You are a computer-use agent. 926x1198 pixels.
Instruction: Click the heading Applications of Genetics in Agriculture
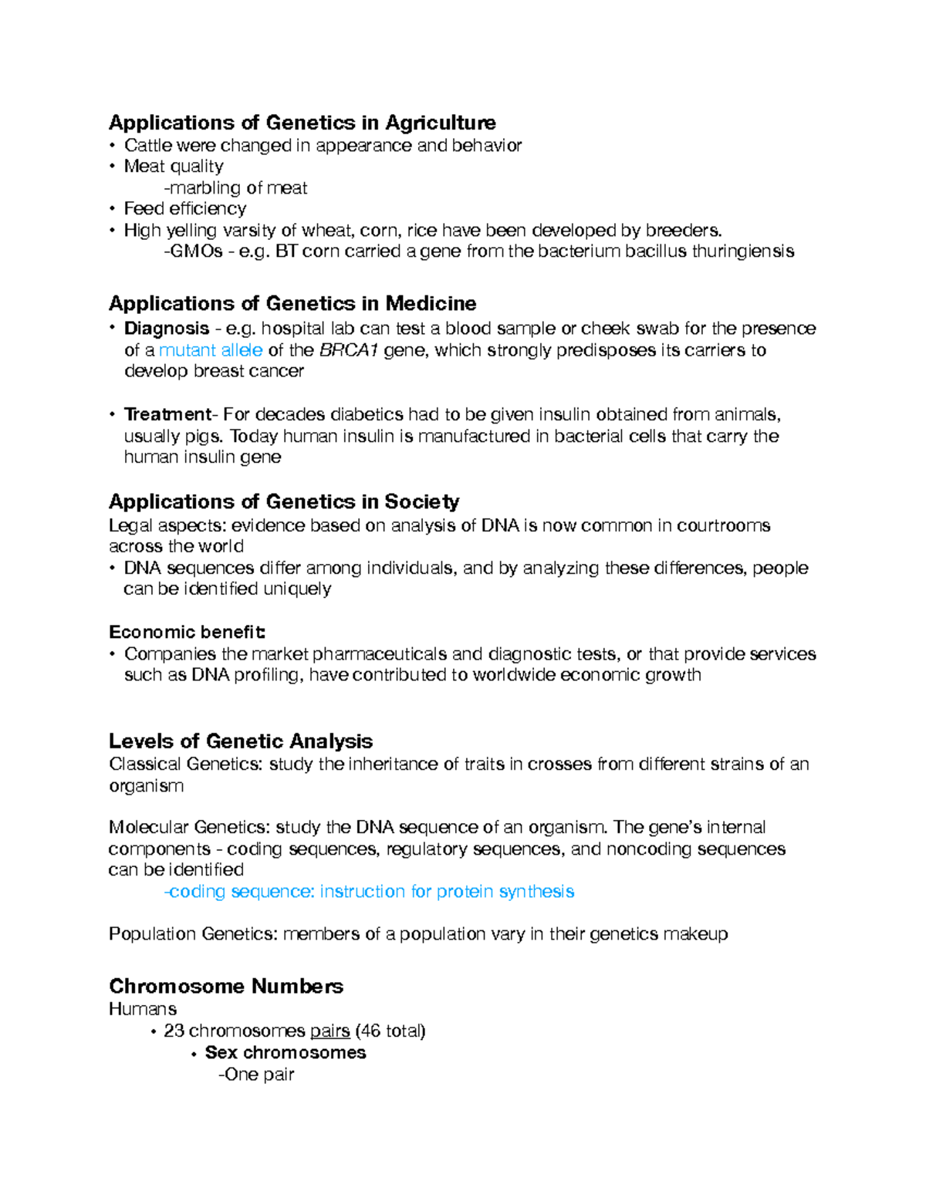(x=302, y=123)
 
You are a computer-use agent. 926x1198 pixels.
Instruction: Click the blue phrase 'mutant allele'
(x=210, y=350)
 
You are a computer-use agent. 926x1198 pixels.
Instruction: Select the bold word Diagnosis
(x=167, y=329)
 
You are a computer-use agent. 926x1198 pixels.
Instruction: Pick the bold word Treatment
(x=167, y=414)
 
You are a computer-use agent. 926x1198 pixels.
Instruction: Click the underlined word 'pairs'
(x=330, y=1031)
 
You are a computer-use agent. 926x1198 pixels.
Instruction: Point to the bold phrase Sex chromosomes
(x=286, y=1052)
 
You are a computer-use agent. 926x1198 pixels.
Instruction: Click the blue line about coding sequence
(x=369, y=892)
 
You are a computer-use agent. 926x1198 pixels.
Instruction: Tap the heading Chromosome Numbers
(x=225, y=986)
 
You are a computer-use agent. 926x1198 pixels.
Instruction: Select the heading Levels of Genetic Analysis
(x=240, y=741)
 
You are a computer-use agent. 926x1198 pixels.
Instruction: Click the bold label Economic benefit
(x=187, y=633)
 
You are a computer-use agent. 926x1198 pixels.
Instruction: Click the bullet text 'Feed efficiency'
(x=185, y=209)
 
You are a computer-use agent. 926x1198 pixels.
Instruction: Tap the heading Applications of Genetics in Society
(x=283, y=502)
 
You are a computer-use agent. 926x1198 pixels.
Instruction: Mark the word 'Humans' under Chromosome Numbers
(x=143, y=1009)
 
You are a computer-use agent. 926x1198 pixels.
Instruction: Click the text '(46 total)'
(x=390, y=1031)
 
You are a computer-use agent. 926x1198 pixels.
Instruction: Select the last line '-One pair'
(x=256, y=1075)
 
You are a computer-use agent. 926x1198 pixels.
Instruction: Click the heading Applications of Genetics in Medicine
(x=292, y=303)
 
